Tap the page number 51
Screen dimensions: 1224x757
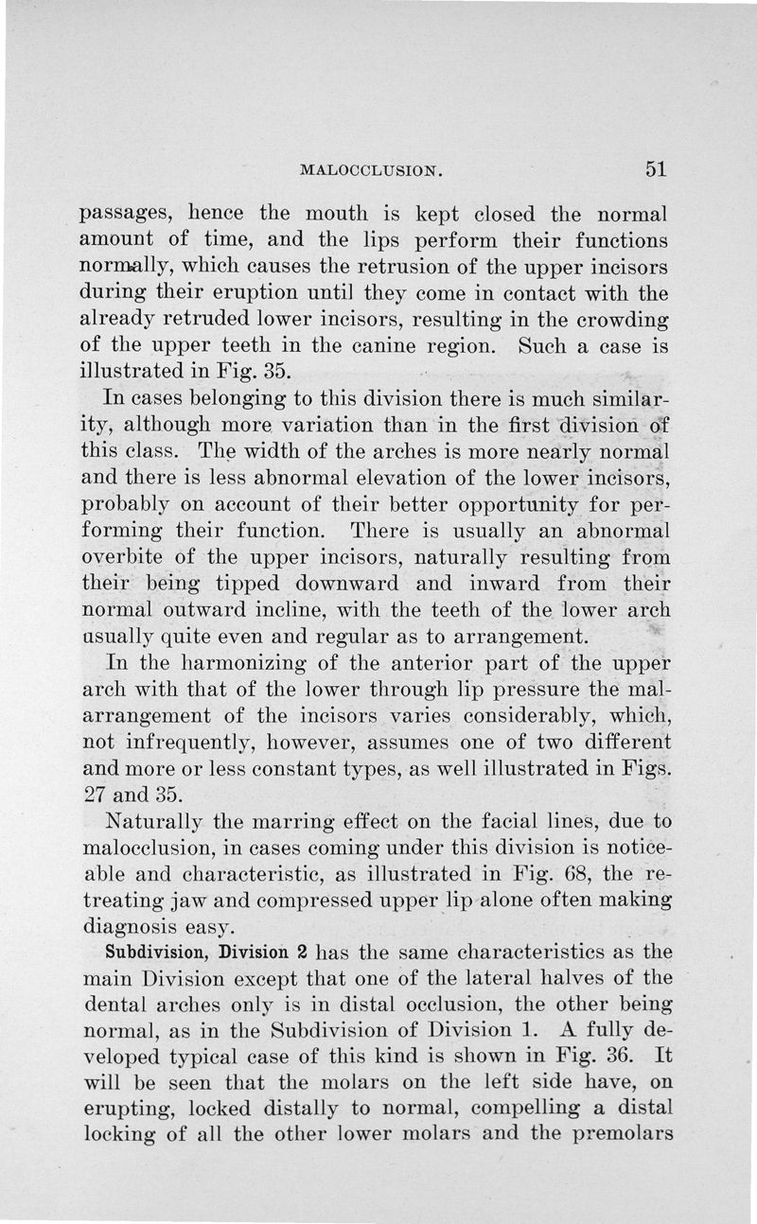[657, 169]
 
